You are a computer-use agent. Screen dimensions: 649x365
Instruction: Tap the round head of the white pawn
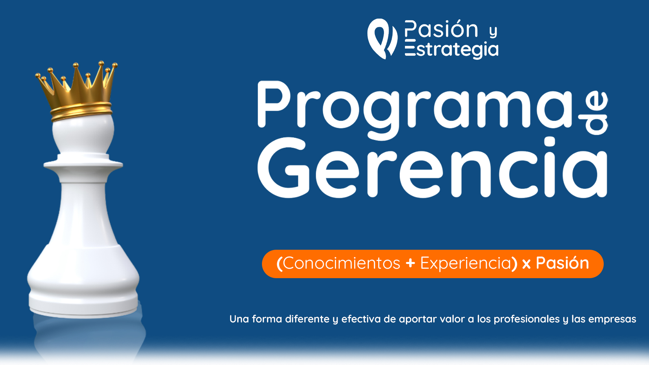83,133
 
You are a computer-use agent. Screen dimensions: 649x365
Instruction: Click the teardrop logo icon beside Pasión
382,39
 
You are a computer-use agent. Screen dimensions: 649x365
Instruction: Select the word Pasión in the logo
441,29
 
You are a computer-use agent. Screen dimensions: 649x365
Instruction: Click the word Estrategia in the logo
452,49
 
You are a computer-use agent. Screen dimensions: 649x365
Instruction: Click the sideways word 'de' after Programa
593,113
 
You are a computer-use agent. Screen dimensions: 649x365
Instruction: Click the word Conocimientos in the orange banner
341,263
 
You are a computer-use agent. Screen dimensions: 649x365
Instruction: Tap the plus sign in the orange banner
410,263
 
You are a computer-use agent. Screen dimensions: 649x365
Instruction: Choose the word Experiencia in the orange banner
465,263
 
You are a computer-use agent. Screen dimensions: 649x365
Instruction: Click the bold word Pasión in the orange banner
562,263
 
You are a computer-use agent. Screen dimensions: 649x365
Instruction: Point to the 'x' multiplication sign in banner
526,264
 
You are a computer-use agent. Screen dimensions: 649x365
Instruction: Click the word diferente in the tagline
307,319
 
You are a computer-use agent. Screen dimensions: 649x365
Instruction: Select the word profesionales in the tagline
527,319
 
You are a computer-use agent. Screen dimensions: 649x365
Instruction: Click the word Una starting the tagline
239,319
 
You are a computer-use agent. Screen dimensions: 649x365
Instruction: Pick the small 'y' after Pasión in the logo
494,32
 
